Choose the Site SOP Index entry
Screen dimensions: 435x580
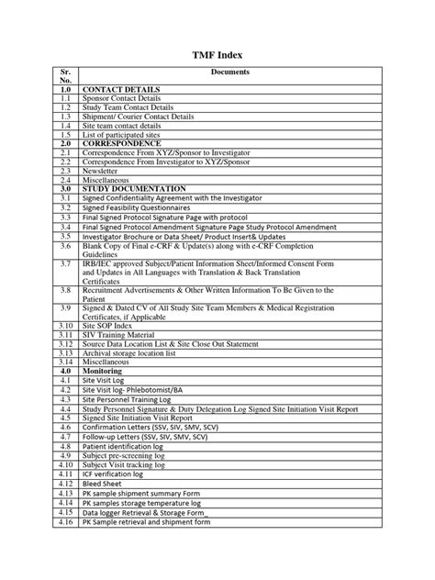[x=111, y=325]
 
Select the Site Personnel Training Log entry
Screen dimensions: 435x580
[x=133, y=400]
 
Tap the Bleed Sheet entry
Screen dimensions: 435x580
[x=106, y=484]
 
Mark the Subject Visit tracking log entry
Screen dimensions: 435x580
[x=131, y=465]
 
